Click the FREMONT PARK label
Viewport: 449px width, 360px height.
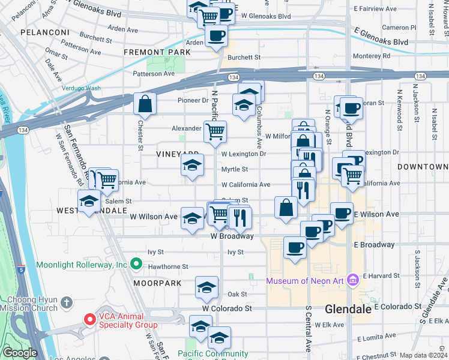coord(157,52)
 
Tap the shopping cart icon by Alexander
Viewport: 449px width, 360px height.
coord(215,131)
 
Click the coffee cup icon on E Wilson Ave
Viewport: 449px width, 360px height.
coord(342,214)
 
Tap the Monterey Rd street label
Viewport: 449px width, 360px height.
coord(371,55)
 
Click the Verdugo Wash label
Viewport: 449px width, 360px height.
coord(82,88)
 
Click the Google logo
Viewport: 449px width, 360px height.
coord(20,353)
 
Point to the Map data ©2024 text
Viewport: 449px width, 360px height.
coord(423,355)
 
